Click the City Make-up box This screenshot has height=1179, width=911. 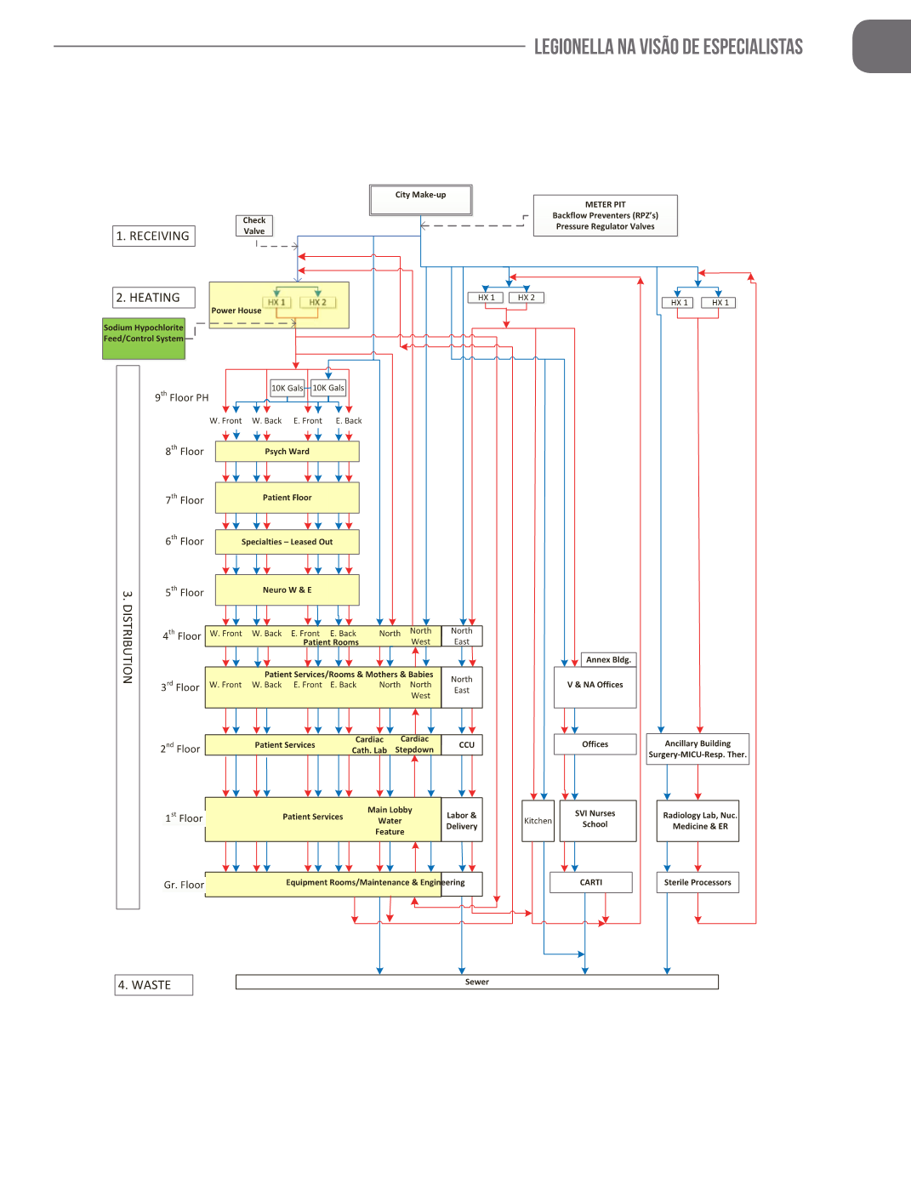tap(420, 200)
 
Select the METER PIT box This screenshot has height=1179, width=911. tap(605, 215)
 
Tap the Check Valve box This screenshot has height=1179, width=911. tap(253, 225)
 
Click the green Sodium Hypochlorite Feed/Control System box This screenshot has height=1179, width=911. tap(143, 338)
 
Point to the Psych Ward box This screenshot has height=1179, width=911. tap(287, 452)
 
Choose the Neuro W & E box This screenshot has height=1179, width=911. tap(287, 589)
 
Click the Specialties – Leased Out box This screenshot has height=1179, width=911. tap(287, 542)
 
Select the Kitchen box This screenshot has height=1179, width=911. tap(538, 821)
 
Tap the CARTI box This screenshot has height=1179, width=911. tap(591, 882)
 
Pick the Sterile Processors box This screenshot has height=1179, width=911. tap(697, 882)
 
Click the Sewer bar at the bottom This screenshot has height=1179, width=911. tap(476, 982)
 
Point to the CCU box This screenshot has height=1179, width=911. tap(466, 745)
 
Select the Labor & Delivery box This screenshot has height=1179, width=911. tap(461, 820)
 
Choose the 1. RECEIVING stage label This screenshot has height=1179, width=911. tap(153, 236)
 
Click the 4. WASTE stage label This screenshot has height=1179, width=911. tap(153, 985)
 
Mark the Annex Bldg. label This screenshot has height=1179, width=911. tap(608, 659)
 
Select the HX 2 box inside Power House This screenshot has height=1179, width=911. tap(317, 302)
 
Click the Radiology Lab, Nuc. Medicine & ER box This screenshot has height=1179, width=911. tap(697, 821)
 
